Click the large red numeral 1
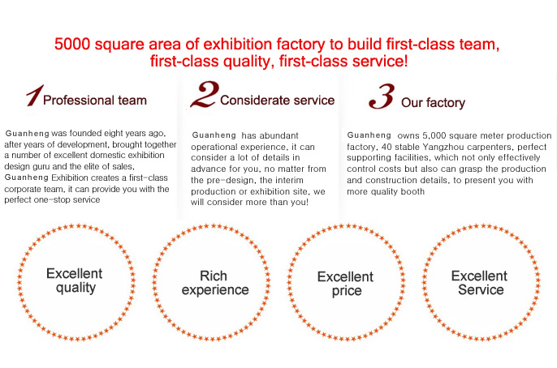(x=35, y=95)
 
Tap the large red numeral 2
(x=205, y=94)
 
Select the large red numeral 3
(x=382, y=96)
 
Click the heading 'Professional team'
(x=95, y=101)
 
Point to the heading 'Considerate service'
(x=277, y=101)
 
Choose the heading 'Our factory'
(x=433, y=103)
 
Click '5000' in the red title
(x=72, y=45)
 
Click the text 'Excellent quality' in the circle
(x=75, y=280)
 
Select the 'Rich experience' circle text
(x=215, y=283)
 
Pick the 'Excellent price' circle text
(x=345, y=283)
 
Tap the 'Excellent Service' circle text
(x=480, y=283)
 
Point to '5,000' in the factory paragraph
(x=432, y=136)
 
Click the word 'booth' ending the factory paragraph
(x=412, y=192)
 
